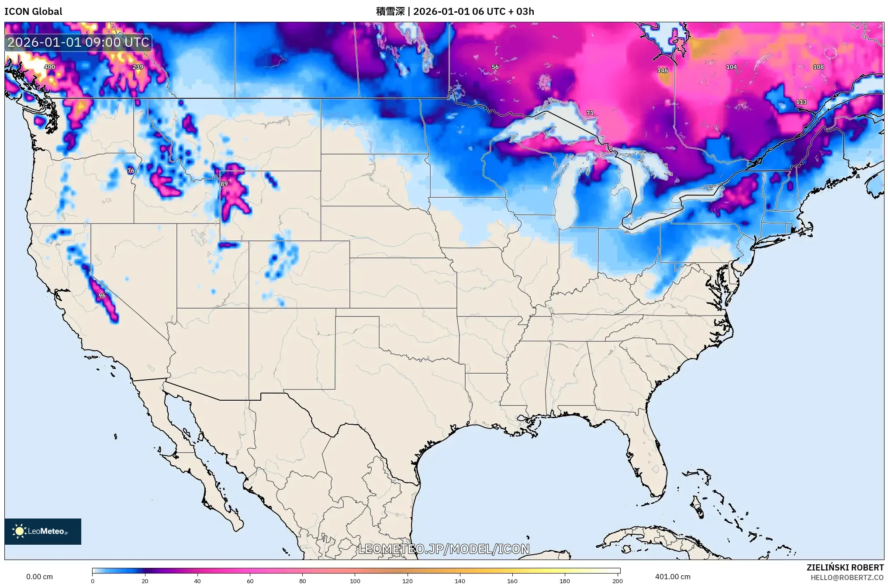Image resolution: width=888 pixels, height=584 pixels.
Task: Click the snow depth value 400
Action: pos(49,67)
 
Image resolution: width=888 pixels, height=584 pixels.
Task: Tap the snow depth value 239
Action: pos(138,67)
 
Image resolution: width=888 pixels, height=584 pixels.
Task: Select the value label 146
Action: pos(662,70)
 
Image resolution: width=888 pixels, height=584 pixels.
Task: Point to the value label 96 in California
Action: pos(102,295)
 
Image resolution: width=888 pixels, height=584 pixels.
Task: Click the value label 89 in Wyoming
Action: pos(224,184)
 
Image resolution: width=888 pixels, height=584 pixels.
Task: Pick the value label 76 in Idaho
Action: pos(131,171)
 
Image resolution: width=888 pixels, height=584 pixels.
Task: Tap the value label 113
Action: pos(801,102)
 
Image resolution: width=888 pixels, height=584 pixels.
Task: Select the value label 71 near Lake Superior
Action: pos(590,113)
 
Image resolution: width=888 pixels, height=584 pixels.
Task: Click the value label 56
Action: pos(494,67)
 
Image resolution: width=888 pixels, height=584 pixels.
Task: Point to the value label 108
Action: pos(818,67)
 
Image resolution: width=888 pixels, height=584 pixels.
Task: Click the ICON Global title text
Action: pos(33,11)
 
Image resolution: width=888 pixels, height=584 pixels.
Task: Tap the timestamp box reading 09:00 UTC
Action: pos(78,42)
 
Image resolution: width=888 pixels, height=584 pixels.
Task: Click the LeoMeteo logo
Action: pos(43,531)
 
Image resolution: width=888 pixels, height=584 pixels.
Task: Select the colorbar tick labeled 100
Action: pos(355,581)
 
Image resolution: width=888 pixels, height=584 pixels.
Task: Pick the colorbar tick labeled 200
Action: pos(617,581)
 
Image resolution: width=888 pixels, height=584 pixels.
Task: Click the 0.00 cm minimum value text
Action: pos(39,577)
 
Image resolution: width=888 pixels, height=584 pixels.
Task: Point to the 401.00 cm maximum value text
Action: pos(673,577)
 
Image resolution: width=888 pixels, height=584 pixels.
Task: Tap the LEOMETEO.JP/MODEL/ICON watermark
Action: pos(444,549)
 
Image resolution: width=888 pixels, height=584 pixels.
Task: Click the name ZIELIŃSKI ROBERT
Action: pos(845,567)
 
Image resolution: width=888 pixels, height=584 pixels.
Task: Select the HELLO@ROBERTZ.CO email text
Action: pos(847,577)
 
